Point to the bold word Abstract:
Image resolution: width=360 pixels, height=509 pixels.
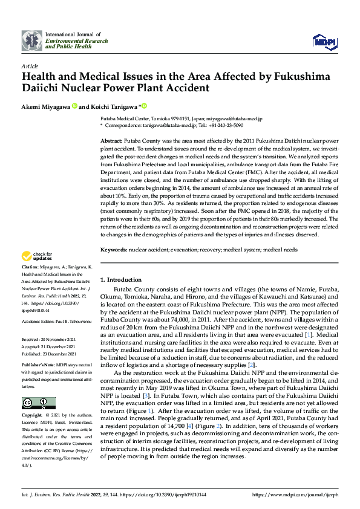(x=111, y=140)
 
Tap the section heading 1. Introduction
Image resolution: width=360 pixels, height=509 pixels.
(x=121, y=280)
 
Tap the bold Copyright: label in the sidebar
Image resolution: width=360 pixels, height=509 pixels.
(x=32, y=416)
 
